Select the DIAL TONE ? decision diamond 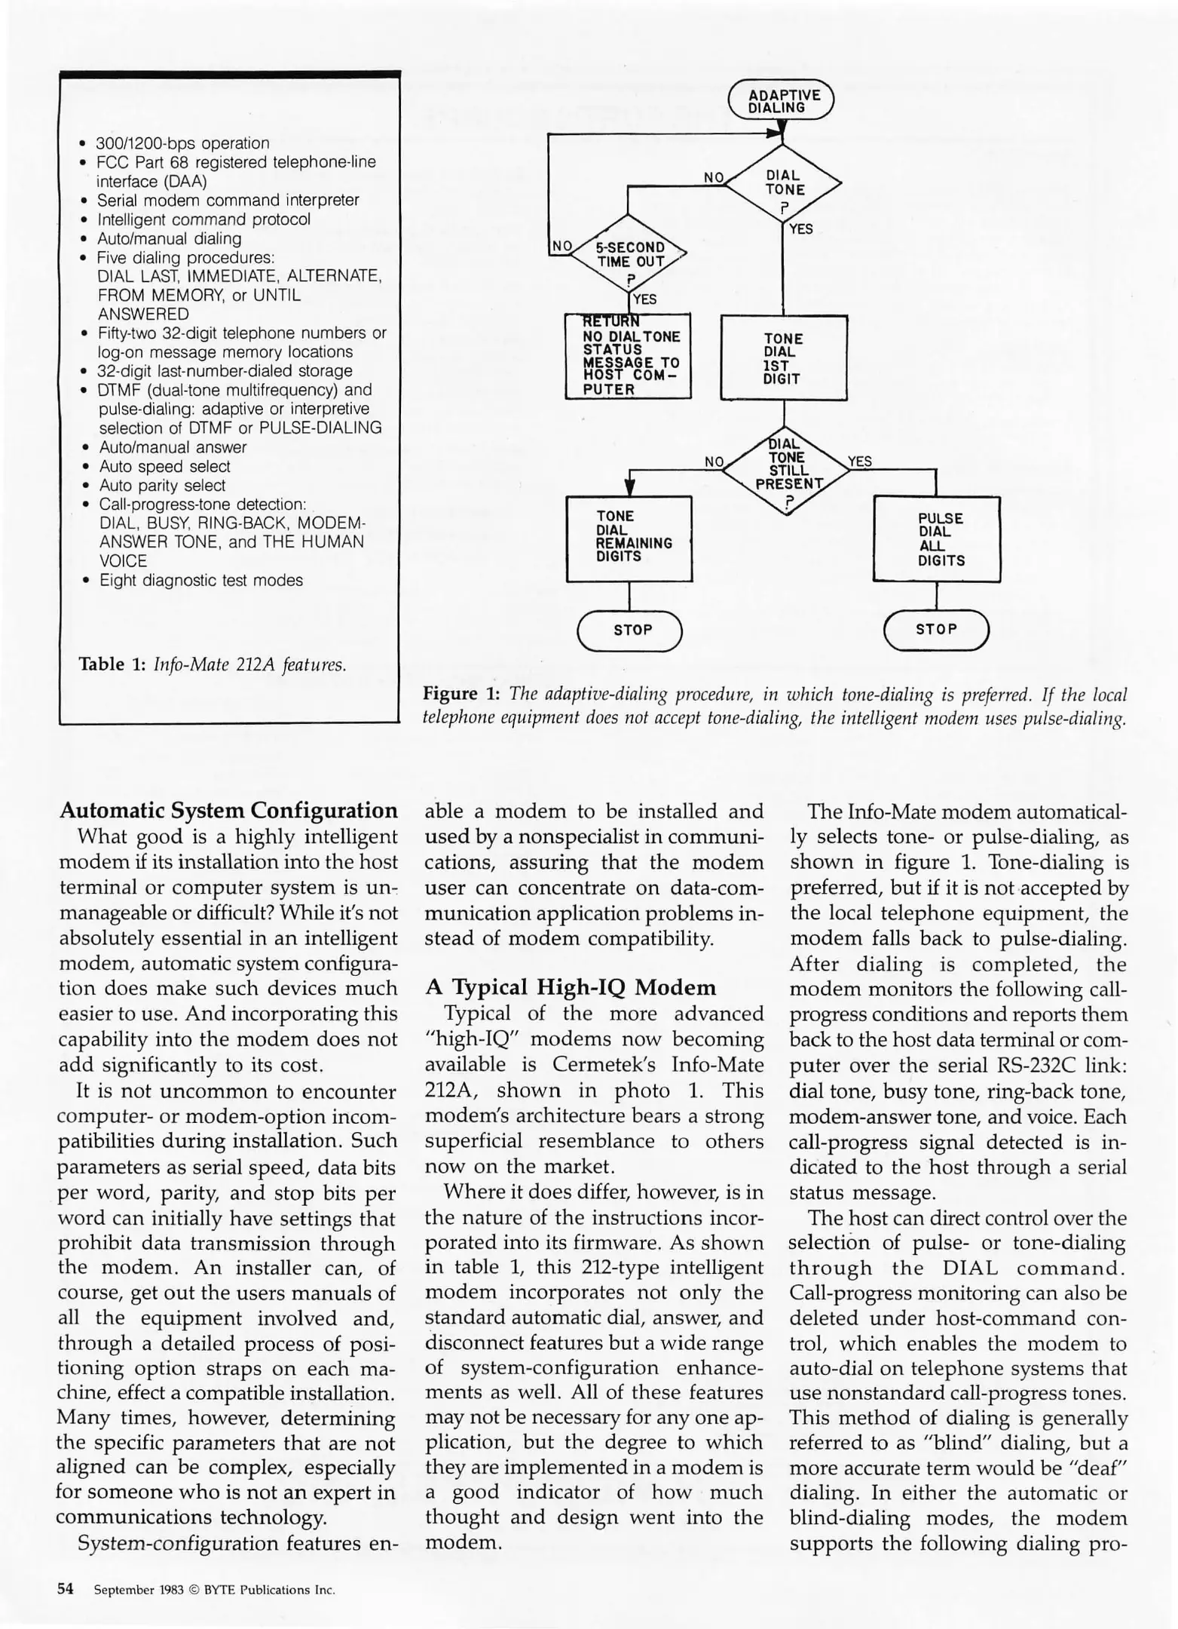coord(784,183)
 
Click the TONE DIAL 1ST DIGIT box coord(784,358)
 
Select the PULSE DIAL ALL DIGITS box coord(937,538)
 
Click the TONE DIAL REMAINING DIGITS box coord(629,538)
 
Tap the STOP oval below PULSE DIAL coord(936,629)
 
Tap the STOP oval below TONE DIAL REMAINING coord(629,630)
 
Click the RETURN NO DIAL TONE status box coord(628,356)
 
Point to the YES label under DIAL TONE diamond coord(801,229)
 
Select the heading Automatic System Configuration coord(228,811)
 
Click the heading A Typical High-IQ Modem coord(571,987)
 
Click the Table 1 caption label coord(112,664)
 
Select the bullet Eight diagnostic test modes coord(200,580)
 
